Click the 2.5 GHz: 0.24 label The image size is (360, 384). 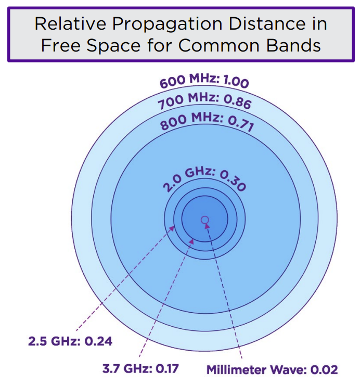[70, 342]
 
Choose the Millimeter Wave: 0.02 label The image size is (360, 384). [272, 370]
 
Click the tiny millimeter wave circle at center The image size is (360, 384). [205, 220]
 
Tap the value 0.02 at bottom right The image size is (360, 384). [324, 370]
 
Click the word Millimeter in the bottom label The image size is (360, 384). [237, 370]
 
